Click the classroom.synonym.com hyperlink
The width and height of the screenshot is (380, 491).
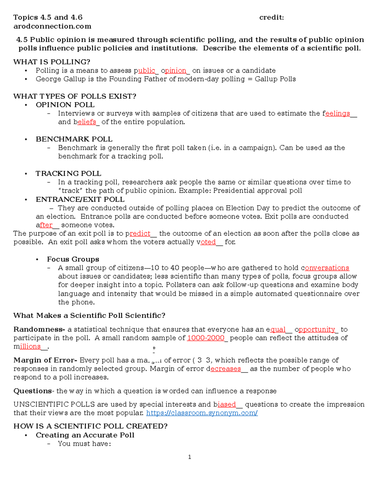coord(202,413)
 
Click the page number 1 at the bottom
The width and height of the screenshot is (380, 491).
coord(189,457)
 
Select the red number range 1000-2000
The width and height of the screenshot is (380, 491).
coord(206,338)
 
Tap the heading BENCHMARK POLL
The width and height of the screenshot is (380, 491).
coord(74,139)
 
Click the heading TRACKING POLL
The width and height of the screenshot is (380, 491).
coord(68,174)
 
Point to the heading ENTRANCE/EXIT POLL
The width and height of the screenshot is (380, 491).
coord(80,199)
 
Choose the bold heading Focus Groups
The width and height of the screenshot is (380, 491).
coord(73,259)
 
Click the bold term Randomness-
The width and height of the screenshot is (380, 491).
coord(39,329)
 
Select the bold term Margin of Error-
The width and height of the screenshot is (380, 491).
coord(45,360)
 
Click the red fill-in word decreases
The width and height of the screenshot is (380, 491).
coord(225,369)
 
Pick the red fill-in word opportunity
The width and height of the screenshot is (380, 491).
coord(316,329)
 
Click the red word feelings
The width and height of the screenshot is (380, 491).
coord(337,114)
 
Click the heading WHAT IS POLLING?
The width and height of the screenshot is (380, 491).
coord(52,62)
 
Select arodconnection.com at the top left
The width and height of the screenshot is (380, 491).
coord(52,26)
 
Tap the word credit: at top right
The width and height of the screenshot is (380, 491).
coord(271,18)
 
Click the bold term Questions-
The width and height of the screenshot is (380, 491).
coord(33,391)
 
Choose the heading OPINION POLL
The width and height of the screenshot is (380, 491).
coord(65,105)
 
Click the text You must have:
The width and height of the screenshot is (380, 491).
coord(84,444)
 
